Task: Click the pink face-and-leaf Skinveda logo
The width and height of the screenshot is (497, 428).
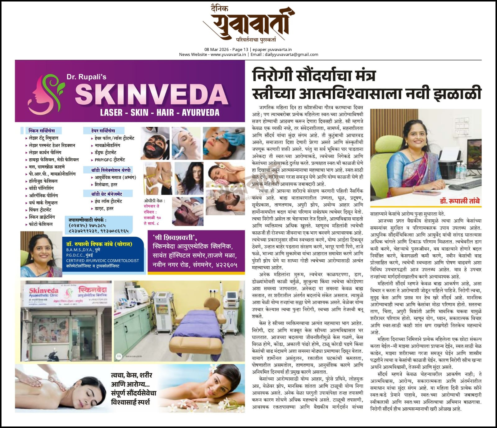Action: coord(46,91)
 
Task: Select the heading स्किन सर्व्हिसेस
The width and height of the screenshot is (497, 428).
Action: coord(41,131)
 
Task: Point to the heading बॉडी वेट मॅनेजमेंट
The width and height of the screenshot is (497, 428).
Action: coord(107,194)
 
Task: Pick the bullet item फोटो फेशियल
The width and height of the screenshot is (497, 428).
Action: coord(40,224)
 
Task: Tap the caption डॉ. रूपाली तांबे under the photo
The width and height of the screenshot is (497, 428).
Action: coord(459,201)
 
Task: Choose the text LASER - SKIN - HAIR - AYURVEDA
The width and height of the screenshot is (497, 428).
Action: coord(160,112)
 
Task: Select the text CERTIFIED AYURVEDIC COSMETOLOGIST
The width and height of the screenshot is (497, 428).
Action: coord(102,261)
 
